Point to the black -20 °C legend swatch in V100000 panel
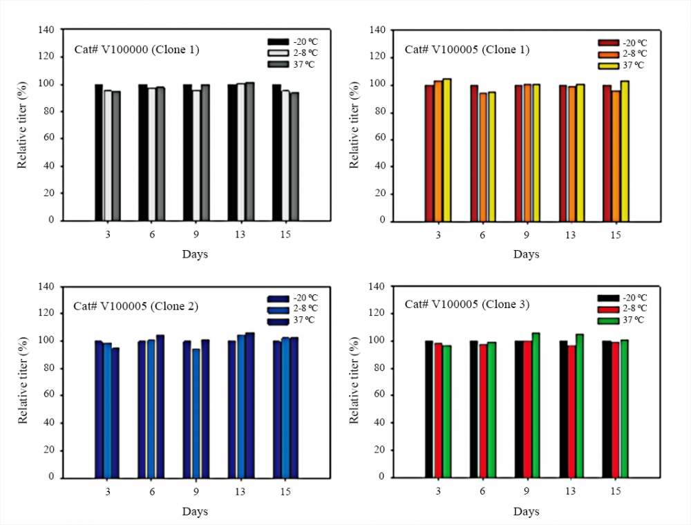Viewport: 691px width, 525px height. pos(277,42)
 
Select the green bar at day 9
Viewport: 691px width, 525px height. pos(536,405)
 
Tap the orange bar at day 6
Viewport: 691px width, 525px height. pos(482,157)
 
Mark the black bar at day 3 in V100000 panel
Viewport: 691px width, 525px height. pos(99,152)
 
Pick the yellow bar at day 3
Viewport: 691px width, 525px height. pos(447,149)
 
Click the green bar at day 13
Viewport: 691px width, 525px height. pos(580,405)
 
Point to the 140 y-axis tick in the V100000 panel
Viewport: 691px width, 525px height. pos(46,30)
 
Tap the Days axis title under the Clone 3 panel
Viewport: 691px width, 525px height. pos(526,512)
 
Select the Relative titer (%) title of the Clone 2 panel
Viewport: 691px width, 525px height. pos(23,382)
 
